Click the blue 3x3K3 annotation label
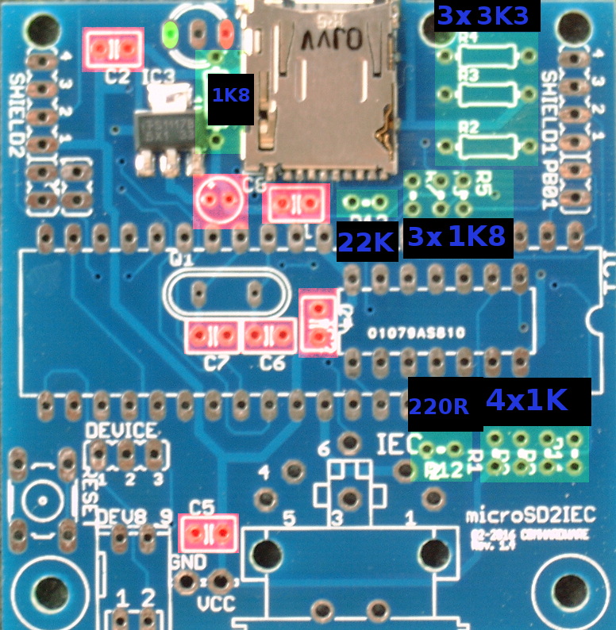coord(483,16)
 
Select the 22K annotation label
coord(367,243)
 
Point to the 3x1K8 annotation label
coord(457,237)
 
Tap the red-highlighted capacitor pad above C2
coord(114,49)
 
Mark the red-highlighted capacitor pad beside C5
coord(209,533)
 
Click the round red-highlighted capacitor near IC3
coord(219,201)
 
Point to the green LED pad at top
coord(170,33)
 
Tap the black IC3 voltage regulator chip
coord(163,128)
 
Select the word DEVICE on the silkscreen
coord(121,431)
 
